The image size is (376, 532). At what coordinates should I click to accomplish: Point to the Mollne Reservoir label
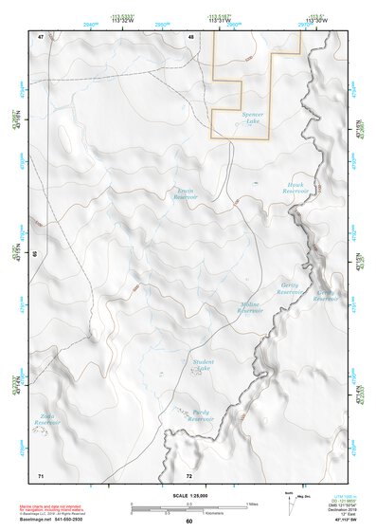250,307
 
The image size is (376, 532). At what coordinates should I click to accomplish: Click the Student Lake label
203,365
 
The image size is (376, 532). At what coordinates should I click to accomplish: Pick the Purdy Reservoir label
201,414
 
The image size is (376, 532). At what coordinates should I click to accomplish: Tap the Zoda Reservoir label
45,418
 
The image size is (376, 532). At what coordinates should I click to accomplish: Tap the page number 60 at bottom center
188,521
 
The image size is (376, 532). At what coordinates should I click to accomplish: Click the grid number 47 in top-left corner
41,36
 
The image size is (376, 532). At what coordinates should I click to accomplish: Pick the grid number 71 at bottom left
41,473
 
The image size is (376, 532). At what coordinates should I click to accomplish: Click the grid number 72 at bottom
189,473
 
